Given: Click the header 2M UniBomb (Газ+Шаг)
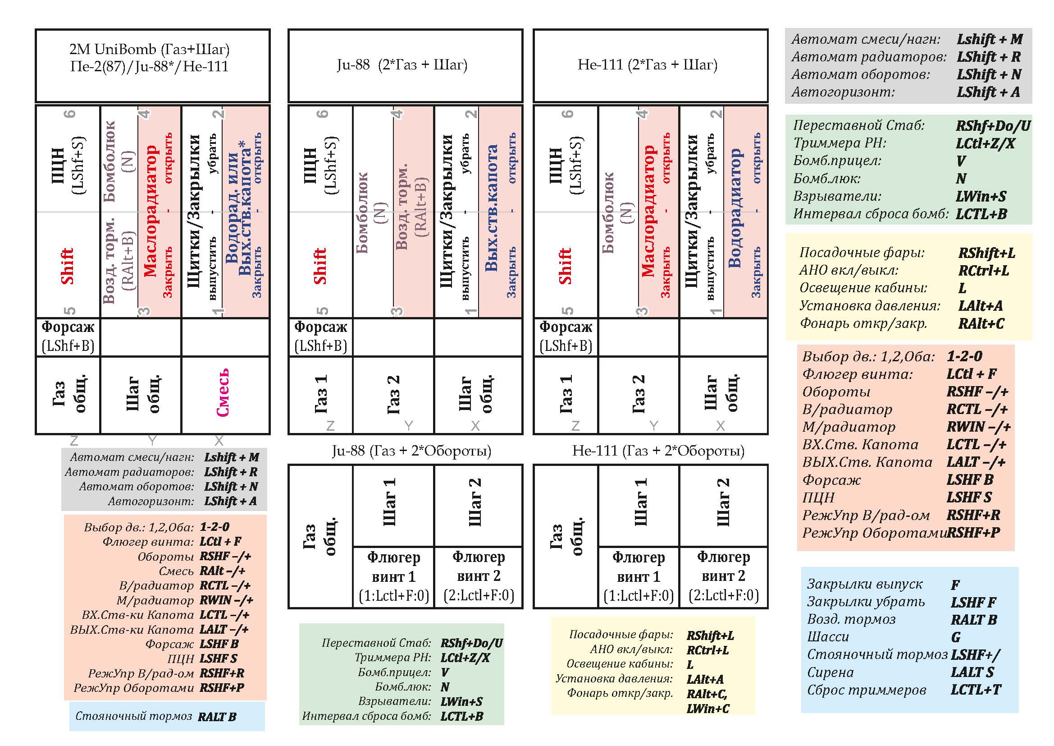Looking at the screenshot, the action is (x=149, y=49).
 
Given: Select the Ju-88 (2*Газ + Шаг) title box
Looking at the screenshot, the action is (x=406, y=66).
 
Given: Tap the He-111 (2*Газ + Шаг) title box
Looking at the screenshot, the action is (x=651, y=66).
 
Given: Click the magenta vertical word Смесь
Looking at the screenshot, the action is (x=223, y=393).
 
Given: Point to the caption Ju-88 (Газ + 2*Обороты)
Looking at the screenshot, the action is (x=412, y=451).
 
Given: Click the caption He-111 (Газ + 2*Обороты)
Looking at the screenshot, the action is (x=658, y=451).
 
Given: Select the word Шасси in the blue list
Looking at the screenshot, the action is (x=828, y=637).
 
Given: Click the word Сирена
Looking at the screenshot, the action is (x=830, y=672).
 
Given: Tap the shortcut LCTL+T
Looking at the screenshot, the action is (x=976, y=690).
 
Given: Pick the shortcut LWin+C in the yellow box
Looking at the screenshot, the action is (x=708, y=709).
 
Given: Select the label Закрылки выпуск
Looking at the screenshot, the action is (x=865, y=584).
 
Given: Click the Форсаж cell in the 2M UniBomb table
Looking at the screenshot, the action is (x=68, y=337).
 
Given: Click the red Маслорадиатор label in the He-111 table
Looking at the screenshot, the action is (x=648, y=211).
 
